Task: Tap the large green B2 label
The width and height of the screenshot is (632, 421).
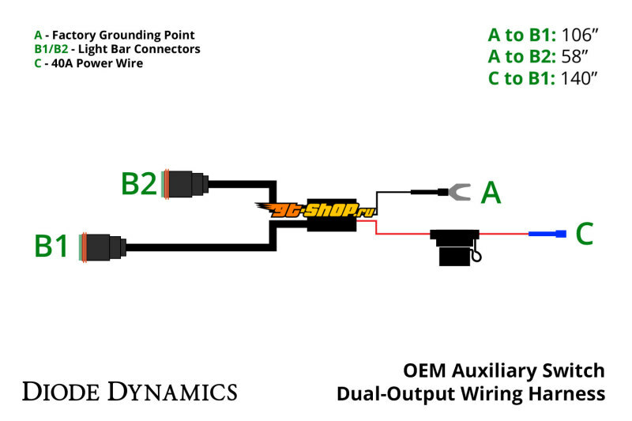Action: pyautogui.click(x=139, y=184)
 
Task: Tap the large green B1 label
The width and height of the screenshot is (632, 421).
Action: pyautogui.click(x=52, y=246)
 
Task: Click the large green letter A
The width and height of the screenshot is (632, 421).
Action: pyautogui.click(x=491, y=193)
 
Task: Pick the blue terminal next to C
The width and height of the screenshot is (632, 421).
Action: pyautogui.click(x=547, y=234)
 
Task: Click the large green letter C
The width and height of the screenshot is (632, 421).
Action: pyautogui.click(x=584, y=234)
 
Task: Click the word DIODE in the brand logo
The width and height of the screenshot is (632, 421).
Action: pyautogui.click(x=62, y=390)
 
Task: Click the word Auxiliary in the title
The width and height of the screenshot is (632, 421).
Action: pyautogui.click(x=500, y=370)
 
